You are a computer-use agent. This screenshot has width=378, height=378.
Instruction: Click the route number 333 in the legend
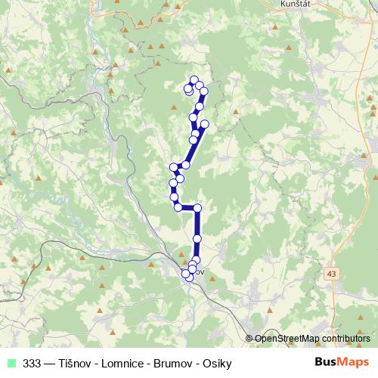point(32,362)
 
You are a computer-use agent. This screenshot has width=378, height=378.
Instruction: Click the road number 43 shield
point(333,271)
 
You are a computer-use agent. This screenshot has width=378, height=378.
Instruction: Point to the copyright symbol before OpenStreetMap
point(249,339)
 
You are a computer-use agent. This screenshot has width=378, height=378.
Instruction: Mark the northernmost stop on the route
point(194,80)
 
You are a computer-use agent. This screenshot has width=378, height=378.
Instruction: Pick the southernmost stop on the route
point(189,278)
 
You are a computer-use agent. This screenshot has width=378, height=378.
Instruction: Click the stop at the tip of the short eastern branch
point(204,123)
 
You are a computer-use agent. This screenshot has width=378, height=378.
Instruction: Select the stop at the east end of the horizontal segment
point(198,208)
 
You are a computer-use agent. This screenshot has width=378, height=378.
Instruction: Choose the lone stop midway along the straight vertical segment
point(197,239)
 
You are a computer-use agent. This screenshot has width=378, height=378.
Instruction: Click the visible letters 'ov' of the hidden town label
point(201,271)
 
